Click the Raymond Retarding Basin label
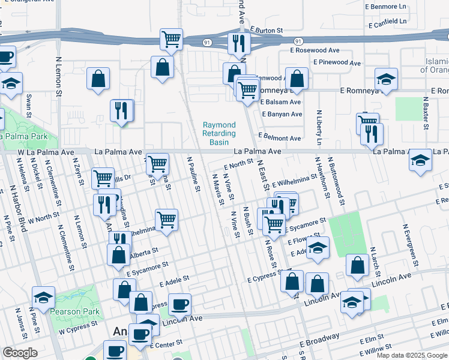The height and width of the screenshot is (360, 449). (219, 133)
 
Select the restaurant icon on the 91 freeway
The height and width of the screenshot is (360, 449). (238, 43)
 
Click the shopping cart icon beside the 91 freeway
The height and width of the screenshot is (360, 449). (172, 40)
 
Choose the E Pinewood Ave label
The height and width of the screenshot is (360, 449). (336, 62)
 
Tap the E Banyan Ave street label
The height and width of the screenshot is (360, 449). (282, 114)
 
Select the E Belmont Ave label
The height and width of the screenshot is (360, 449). (279, 138)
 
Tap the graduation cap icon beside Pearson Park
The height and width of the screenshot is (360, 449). (43, 297)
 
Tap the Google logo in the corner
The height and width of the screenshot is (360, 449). (20, 353)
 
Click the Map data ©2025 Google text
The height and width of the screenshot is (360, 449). (412, 355)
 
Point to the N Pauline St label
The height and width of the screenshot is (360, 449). (193, 175)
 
